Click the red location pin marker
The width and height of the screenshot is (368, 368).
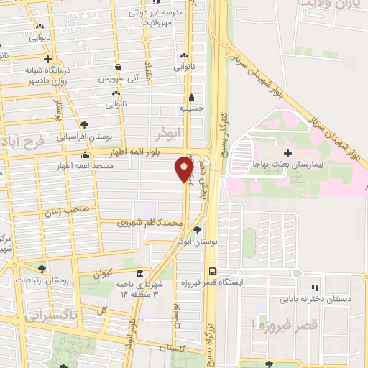(184, 170)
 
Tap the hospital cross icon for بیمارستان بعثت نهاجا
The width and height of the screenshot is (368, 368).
(287, 152)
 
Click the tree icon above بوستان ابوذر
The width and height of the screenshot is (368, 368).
(197, 231)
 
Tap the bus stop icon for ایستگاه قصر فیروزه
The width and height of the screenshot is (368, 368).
(211, 271)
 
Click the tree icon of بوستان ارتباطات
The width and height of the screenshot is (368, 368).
(42, 269)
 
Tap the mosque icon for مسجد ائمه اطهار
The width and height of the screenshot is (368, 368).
(86, 155)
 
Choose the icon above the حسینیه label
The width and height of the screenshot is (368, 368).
(191, 98)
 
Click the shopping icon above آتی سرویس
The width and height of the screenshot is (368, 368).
(116, 65)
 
